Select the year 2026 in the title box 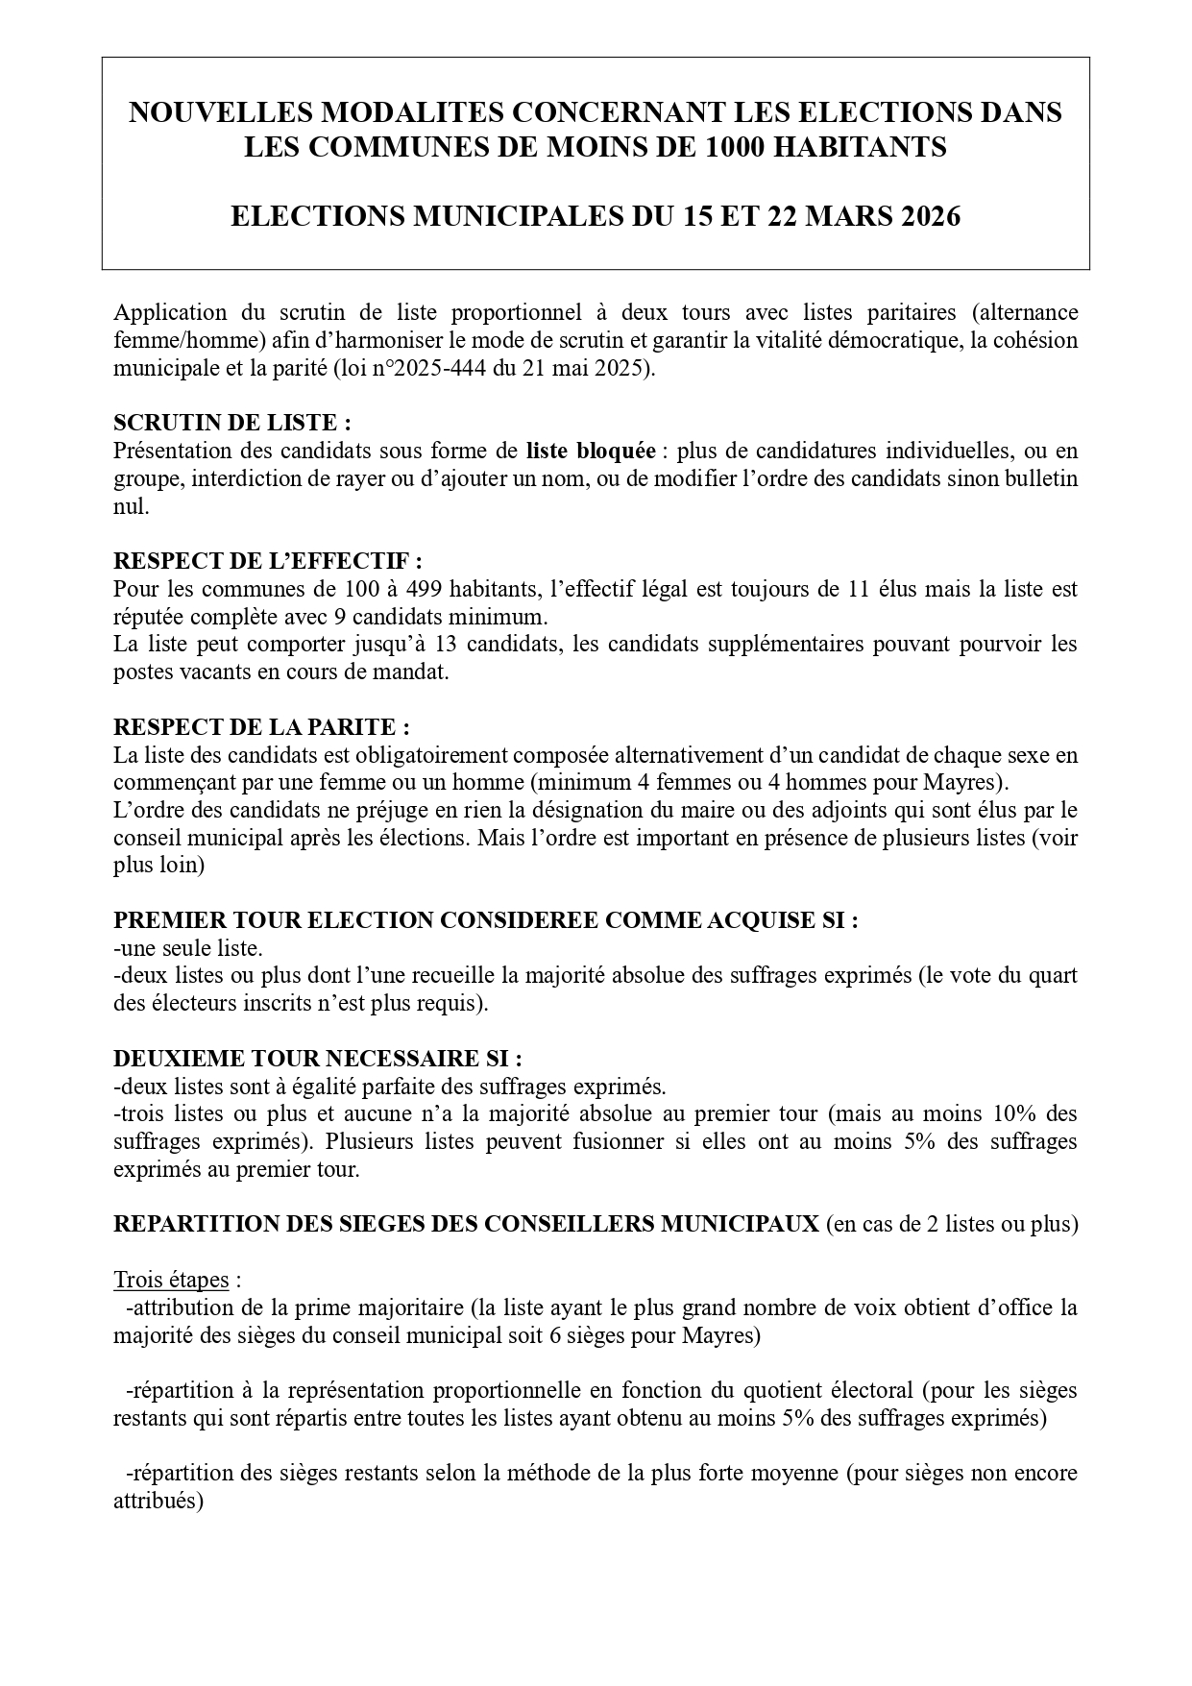click(x=922, y=217)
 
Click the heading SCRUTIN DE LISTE click(x=225, y=423)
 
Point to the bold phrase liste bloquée click(x=591, y=451)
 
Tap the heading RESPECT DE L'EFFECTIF click(x=267, y=561)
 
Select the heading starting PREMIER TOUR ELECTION click(x=485, y=920)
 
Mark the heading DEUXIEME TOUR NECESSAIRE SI click(x=317, y=1059)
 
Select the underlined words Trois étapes click(x=171, y=1280)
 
